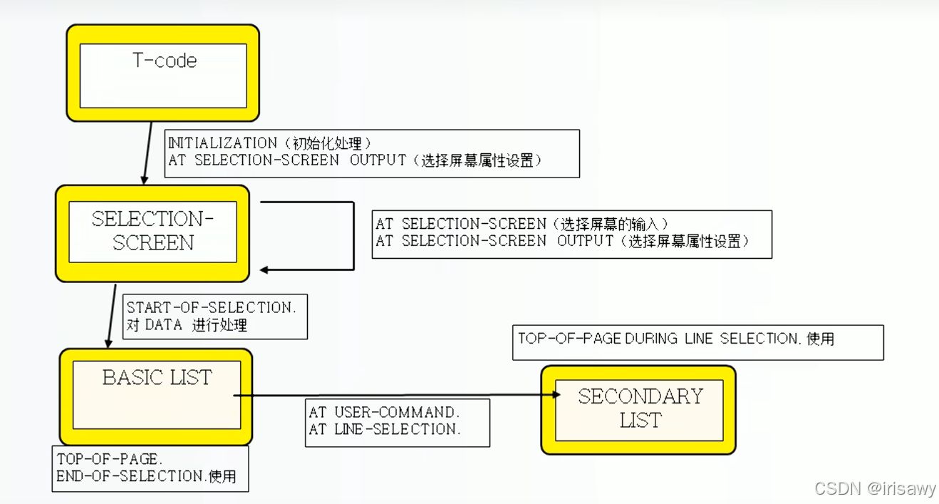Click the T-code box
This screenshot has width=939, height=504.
163,73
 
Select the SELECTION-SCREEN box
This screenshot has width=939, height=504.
152,232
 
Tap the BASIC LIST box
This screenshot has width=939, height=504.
156,396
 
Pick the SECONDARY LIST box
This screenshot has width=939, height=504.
639,409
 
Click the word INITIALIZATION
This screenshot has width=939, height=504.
222,143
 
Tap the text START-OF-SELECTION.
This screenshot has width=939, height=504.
211,308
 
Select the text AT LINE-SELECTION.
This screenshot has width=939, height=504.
385,429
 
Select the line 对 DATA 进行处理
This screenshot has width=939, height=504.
187,325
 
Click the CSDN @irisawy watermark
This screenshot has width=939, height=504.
875,488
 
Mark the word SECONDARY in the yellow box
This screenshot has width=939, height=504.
640,396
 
